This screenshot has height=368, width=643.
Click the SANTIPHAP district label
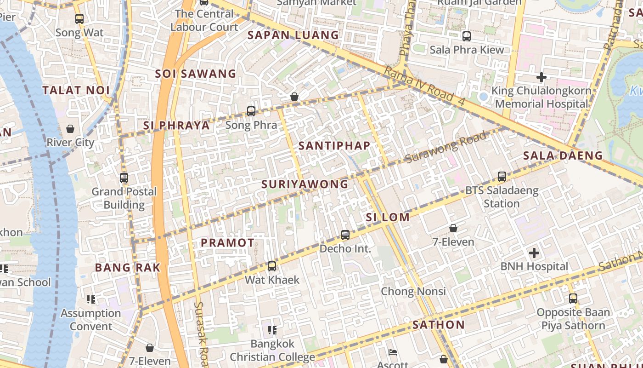click(x=334, y=146)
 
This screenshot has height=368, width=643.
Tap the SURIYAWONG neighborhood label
click(x=305, y=184)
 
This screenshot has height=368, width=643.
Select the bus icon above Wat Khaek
click(x=272, y=266)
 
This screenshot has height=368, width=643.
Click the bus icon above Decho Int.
click(x=345, y=235)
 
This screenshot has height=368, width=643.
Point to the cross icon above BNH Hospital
click(x=534, y=253)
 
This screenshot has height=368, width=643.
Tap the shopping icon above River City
click(x=70, y=129)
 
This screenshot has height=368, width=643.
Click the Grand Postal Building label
click(x=124, y=198)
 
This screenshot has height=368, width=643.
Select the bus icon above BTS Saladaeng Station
click(x=502, y=177)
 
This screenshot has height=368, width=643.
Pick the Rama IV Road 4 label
click(x=424, y=87)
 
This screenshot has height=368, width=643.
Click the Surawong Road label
click(x=446, y=148)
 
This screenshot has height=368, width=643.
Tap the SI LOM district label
click(x=388, y=217)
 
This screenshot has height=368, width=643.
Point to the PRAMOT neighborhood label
click(x=227, y=243)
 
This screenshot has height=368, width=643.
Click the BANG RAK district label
click(x=127, y=268)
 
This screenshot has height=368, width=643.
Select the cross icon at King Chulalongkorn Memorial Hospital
click(x=541, y=77)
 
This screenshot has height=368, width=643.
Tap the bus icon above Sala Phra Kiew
click(x=467, y=36)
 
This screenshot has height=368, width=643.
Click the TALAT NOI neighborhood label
click(x=76, y=91)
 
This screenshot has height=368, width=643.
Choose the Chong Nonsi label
click(x=413, y=291)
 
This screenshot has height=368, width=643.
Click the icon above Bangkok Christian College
click(x=272, y=330)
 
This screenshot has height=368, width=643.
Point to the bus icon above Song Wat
click(x=79, y=19)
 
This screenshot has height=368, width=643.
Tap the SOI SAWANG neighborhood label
click(x=195, y=74)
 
